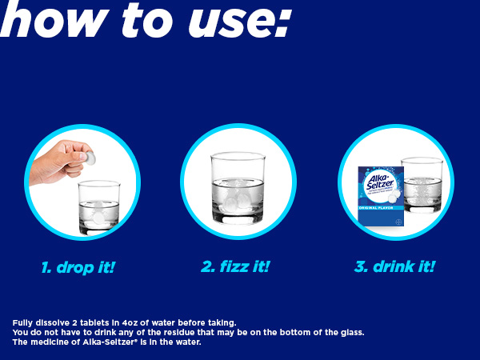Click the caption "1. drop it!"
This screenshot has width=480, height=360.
pos(78,266)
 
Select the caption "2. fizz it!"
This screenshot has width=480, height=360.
pos(235,266)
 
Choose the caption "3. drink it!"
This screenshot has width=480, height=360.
pos(394,266)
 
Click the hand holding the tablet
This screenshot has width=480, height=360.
pos(60,160)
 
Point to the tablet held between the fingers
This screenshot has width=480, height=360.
pos(90,158)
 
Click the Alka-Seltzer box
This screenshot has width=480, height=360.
pos(381,200)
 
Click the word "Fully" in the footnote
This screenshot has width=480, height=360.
pos(24,322)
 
